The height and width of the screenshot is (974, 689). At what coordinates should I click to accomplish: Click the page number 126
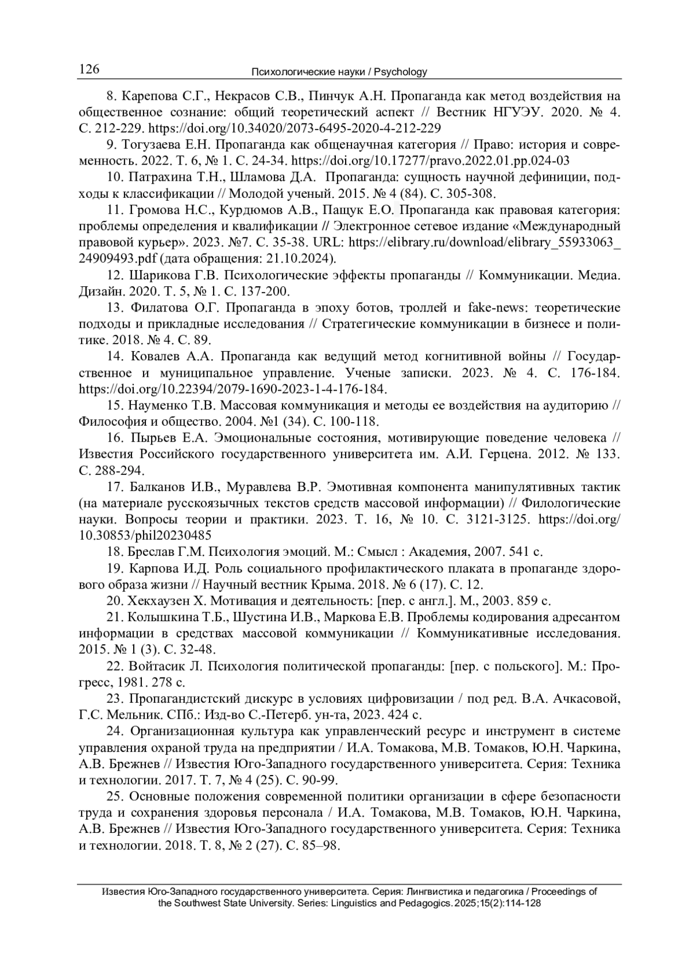89,70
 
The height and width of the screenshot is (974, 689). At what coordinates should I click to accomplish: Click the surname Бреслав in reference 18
153,552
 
